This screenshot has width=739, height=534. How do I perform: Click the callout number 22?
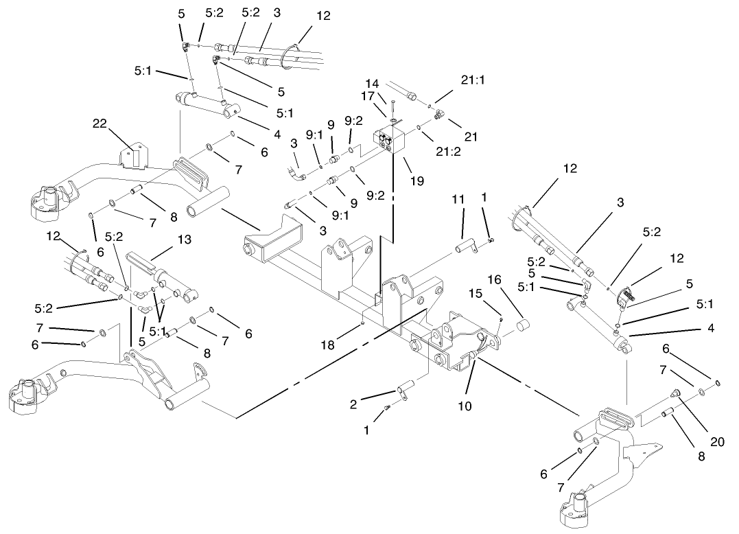click(100, 123)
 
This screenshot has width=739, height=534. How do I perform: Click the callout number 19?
click(417, 181)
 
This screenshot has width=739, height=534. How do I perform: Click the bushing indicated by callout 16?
click(524, 323)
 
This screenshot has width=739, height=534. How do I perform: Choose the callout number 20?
click(717, 442)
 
